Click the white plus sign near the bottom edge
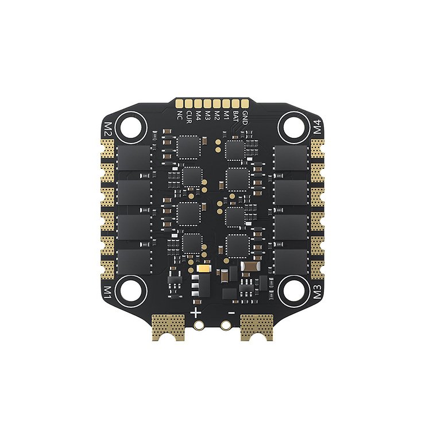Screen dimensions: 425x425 click(196, 313)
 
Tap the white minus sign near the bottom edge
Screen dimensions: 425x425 click(230, 313)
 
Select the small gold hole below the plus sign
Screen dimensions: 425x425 click(199, 325)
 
